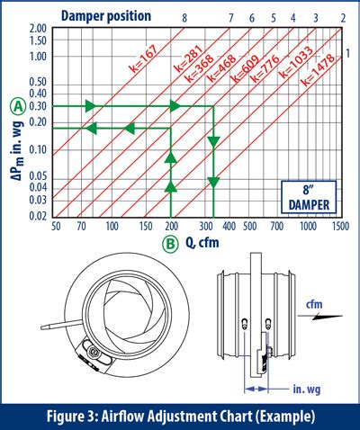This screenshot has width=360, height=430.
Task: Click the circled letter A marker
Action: click(x=16, y=106)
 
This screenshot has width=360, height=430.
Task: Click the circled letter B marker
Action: click(x=170, y=243)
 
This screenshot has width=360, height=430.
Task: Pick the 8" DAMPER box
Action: click(x=305, y=196)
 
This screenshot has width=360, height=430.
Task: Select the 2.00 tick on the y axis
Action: click(x=37, y=30)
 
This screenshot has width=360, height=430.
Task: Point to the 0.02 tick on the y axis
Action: click(x=37, y=217)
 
